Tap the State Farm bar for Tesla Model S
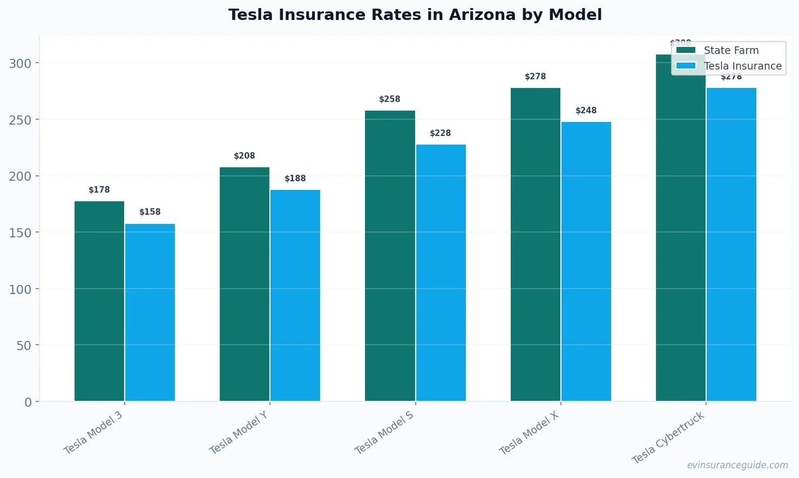[x=390, y=256]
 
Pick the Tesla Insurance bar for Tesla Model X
[x=586, y=262]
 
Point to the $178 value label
[x=99, y=190]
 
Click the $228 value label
[x=441, y=133]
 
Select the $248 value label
[x=586, y=111]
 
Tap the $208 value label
[x=245, y=156]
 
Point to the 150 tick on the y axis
[x=20, y=233]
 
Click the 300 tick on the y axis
[x=20, y=64]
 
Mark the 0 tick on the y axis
[x=28, y=402]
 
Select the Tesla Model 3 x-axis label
[x=93, y=433]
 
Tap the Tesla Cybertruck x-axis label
[x=668, y=438]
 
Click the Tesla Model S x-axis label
[x=384, y=433]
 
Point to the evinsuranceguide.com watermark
[x=737, y=465]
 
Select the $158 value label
[x=150, y=212]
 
